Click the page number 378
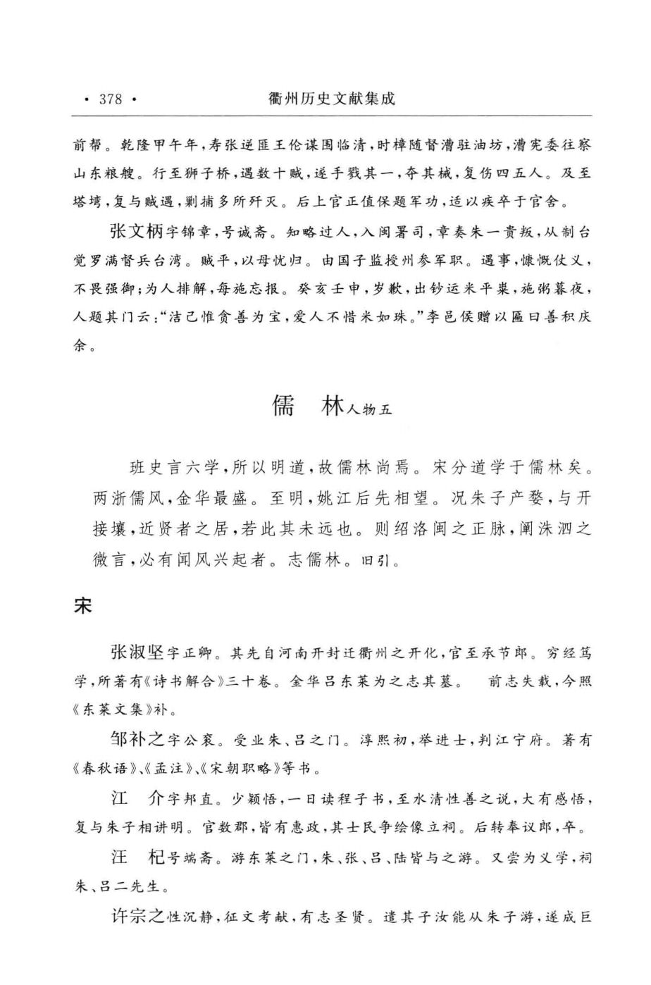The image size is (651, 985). point(111,99)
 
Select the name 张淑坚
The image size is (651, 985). point(137,653)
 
